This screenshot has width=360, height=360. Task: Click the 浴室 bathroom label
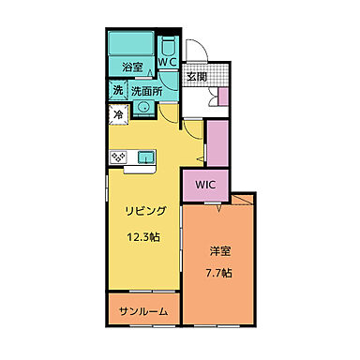coord(132,67)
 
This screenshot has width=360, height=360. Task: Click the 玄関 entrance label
coord(196,77)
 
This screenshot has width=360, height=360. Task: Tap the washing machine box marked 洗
coord(119,91)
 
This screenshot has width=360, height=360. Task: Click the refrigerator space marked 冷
coord(118,113)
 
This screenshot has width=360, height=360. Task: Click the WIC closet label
coord(205,185)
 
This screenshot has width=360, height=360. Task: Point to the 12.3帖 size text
coord(143,236)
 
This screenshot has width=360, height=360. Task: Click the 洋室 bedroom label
coord(219,251)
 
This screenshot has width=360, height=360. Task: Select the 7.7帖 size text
coord(219,274)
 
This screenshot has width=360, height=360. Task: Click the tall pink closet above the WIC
coord(216,142)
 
